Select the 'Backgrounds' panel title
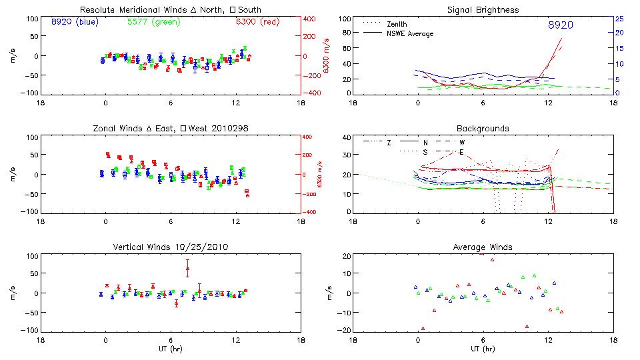tap(482, 128)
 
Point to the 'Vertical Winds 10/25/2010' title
tap(171, 247)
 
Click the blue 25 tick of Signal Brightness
tap(619, 19)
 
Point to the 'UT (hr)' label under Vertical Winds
tap(171, 349)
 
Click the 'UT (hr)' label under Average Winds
tap(482, 349)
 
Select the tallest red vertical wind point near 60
tap(187, 269)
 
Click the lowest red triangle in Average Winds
tap(423, 328)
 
